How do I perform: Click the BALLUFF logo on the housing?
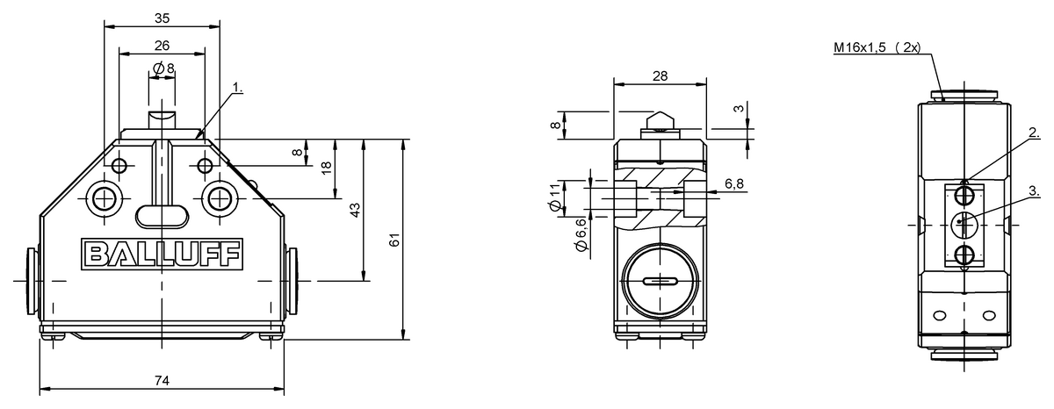(162, 255)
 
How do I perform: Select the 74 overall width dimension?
(162, 380)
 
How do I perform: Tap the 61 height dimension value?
(394, 240)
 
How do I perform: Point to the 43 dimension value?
(355, 210)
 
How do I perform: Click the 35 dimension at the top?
(162, 18)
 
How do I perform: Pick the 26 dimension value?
(162, 46)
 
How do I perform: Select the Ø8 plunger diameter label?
(163, 68)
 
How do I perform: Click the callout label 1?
(238, 88)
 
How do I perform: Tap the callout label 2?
(1034, 133)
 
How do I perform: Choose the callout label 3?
(1034, 190)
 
